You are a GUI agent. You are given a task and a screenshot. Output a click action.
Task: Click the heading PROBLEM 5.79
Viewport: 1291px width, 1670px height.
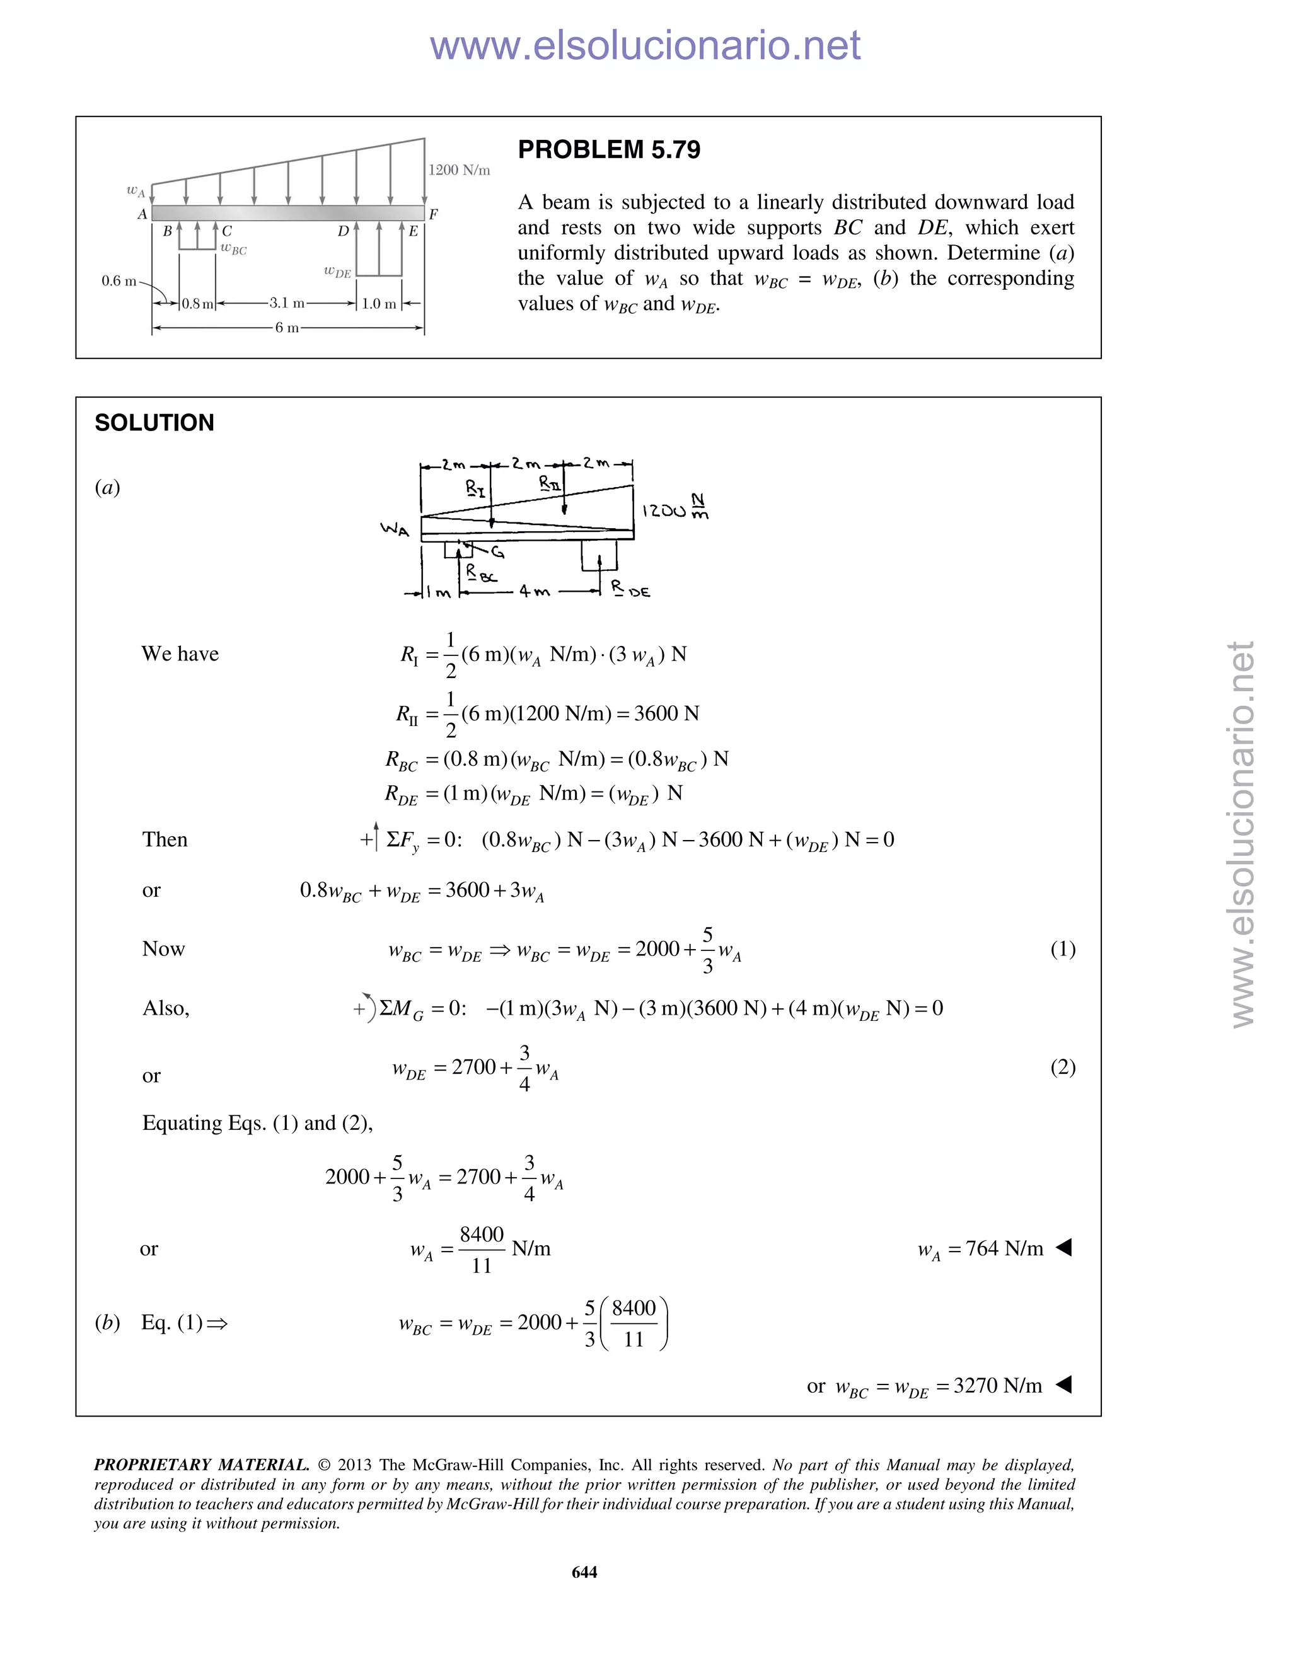pos(609,150)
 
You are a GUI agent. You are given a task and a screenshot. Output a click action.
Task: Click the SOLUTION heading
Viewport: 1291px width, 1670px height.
pos(154,423)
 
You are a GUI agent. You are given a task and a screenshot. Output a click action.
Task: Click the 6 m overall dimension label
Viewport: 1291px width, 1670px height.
pos(286,328)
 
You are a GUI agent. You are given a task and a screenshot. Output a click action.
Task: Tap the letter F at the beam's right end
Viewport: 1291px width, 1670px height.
pos(434,214)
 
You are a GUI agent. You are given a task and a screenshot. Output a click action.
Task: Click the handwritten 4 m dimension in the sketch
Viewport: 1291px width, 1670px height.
pos(534,591)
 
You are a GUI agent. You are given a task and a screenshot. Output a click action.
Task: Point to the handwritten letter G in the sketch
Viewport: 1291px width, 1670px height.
pos(497,551)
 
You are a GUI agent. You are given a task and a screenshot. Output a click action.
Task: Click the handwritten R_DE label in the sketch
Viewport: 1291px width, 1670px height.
pos(630,589)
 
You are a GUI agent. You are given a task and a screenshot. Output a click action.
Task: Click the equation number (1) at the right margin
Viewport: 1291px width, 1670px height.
pos(1062,949)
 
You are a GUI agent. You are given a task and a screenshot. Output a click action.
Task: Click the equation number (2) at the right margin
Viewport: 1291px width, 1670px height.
pos(1062,1067)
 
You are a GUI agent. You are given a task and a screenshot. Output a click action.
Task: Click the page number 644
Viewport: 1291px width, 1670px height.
pos(584,1572)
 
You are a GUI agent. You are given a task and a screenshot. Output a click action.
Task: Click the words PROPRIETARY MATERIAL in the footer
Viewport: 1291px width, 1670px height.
pos(201,1465)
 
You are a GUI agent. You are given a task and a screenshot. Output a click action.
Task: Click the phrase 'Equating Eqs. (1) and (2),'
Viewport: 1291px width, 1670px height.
pos(257,1122)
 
